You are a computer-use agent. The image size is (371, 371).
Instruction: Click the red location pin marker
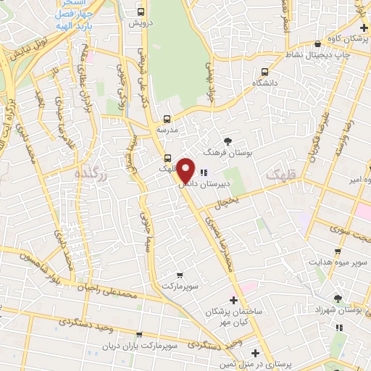tap(186, 170)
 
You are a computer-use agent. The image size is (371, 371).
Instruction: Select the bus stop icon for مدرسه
tap(167, 118)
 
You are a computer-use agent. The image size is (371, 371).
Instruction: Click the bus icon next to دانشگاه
tap(264, 72)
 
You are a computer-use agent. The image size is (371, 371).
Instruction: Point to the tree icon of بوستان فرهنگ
tap(228, 141)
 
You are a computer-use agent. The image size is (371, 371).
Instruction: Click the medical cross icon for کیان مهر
tap(233, 300)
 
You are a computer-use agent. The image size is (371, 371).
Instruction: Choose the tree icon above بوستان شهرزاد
tap(337, 298)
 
